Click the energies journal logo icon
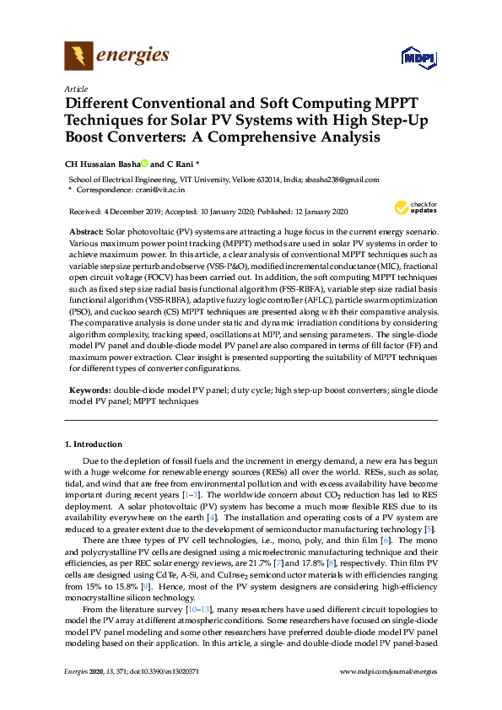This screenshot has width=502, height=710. pyautogui.click(x=78, y=56)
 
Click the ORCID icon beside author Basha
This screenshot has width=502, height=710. pyautogui.click(x=144, y=164)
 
